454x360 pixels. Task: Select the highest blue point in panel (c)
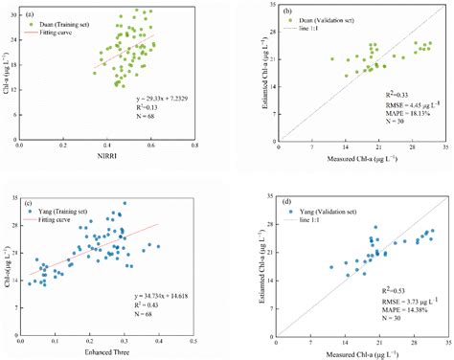point(125,203)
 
